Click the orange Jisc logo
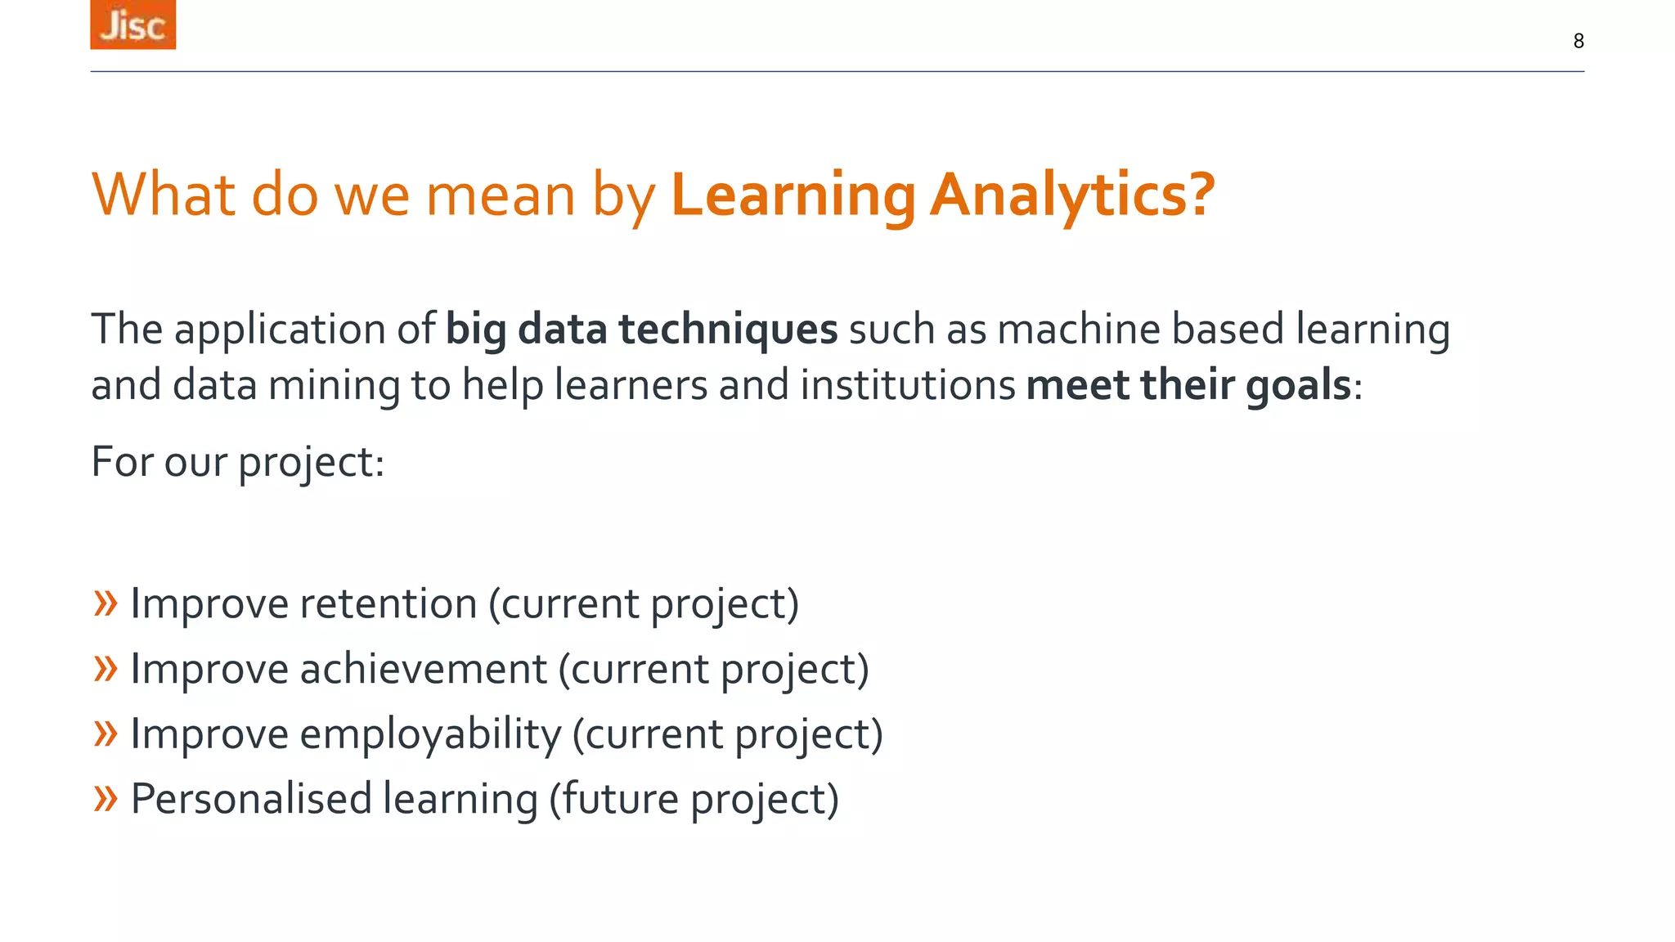[132, 25]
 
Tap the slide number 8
[1578, 41]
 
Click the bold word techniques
[728, 330]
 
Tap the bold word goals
[1298, 385]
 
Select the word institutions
[907, 385]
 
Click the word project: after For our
[311, 463]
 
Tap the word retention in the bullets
[388, 604]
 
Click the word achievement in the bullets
[423, 670]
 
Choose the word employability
[430, 734]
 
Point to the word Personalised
[251, 799]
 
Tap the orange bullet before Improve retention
[106, 604]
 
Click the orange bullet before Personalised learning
[106, 798]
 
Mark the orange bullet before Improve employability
[106, 733]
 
